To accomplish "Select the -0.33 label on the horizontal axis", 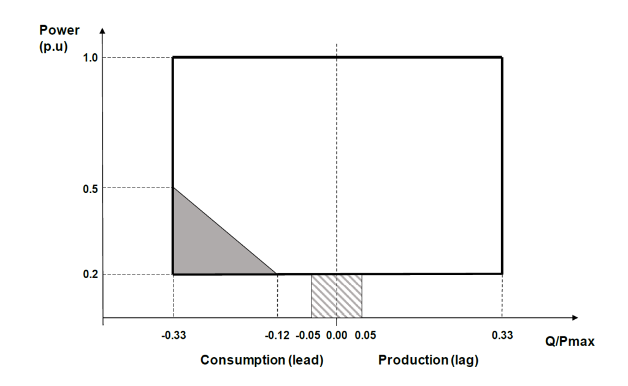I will point(173,335).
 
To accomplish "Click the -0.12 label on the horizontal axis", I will point(277,335).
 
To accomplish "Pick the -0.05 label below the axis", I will point(308,335).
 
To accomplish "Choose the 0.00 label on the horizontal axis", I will point(337,335).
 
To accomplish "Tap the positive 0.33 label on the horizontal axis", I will point(502,335).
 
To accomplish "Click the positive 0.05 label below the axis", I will point(364,335).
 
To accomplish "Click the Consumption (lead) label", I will point(262,360).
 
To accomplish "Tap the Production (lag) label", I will point(428,360).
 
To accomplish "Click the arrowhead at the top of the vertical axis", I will point(103,29).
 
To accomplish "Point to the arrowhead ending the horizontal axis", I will point(575,317).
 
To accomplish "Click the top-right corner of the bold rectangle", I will point(502,58).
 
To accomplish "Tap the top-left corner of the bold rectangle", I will point(173,58).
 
